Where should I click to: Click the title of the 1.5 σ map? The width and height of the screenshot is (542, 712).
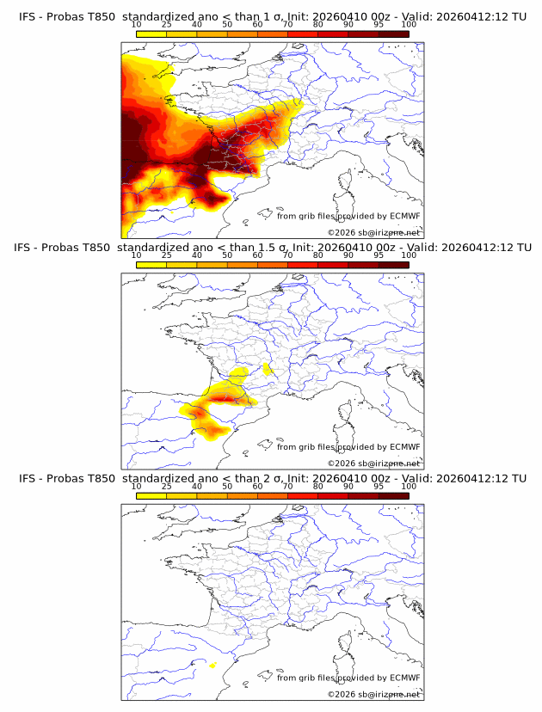[x=271, y=248]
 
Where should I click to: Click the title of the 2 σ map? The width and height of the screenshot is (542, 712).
[x=271, y=478]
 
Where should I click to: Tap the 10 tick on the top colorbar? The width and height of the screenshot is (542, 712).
[x=137, y=24]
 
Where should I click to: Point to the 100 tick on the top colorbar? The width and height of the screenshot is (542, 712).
[x=409, y=24]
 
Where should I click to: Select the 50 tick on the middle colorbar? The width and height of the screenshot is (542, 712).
[x=227, y=255]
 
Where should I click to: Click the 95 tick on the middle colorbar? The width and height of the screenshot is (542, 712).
[x=379, y=255]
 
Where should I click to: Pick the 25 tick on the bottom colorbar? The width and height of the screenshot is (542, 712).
[x=167, y=487]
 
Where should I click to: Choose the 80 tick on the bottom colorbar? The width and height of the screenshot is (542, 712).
[x=318, y=487]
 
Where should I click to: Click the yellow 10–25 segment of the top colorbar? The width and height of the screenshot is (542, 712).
[x=151, y=33]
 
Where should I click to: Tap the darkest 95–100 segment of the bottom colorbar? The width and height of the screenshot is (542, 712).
[x=394, y=495]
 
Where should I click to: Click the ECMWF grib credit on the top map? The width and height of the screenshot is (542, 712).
[x=348, y=216]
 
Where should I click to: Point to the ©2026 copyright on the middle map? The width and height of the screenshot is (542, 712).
[x=374, y=463]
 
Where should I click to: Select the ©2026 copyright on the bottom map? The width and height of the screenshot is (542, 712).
[x=374, y=694]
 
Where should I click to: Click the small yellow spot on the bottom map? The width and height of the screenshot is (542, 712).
[x=212, y=665]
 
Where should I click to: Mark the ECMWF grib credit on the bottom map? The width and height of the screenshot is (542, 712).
[x=348, y=678]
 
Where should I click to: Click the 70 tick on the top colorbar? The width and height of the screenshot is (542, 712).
[x=288, y=24]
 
